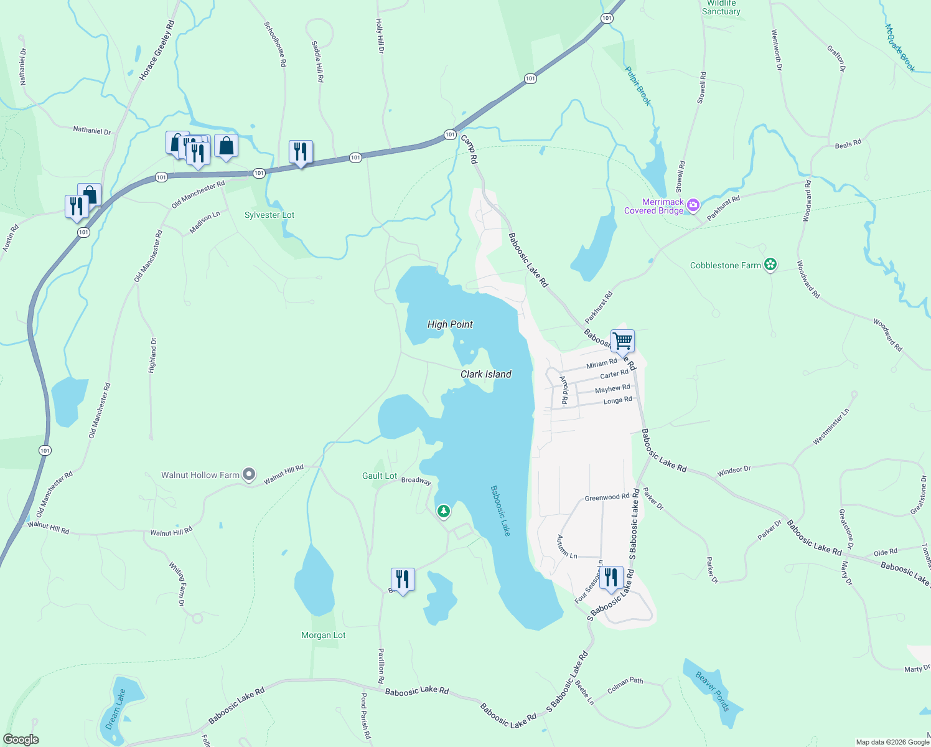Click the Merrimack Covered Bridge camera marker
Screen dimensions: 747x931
[693, 205]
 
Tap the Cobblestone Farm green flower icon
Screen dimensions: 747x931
[770, 265]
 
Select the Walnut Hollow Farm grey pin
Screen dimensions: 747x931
[249, 475]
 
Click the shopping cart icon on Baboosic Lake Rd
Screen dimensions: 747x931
[622, 341]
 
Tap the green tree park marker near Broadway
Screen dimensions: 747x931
[443, 512]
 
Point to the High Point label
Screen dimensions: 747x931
[450, 324]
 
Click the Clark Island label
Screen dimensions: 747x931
[486, 374]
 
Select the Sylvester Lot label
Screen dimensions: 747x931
[269, 215]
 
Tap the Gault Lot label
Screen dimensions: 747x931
[380, 476]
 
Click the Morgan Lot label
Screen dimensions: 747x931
[323, 636]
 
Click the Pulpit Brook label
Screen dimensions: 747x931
[638, 86]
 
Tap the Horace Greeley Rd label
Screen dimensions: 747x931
[157, 50]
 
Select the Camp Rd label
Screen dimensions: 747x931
[469, 149]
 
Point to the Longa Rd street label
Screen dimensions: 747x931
[617, 401]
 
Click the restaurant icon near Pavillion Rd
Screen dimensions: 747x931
[403, 580]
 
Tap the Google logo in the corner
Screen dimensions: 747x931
[21, 740]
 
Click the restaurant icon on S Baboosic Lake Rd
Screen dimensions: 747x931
[611, 578]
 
